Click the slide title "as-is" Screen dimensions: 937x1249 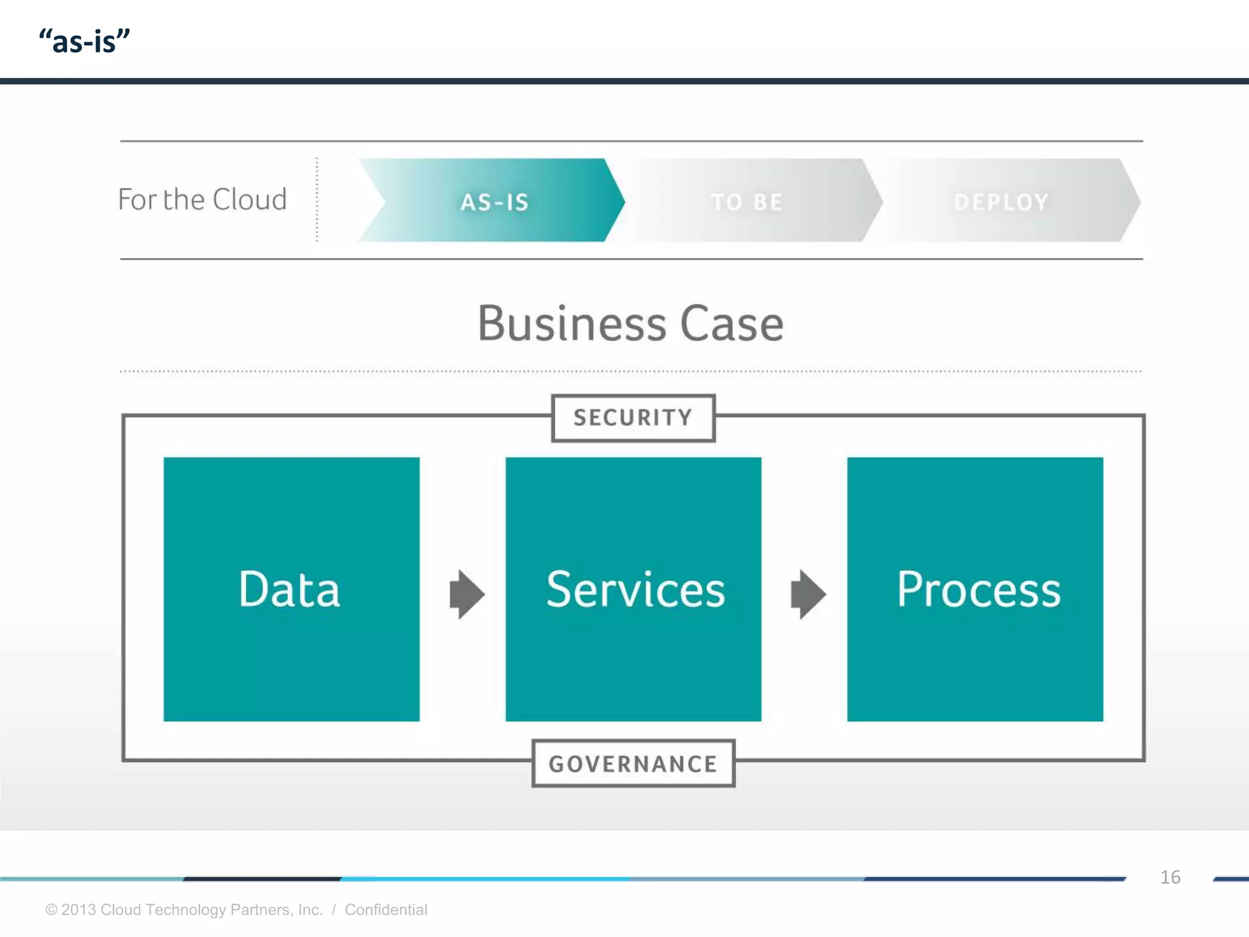click(x=84, y=41)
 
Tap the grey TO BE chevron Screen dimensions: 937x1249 click(x=748, y=201)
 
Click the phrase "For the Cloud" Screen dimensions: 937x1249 click(x=202, y=199)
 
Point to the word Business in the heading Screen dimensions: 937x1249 click(x=571, y=323)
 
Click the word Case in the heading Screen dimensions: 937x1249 click(x=731, y=323)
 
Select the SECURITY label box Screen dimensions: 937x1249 click(x=633, y=418)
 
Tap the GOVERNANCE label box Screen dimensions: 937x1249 click(x=633, y=764)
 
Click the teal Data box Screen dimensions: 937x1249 click(x=292, y=589)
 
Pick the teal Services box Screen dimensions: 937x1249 click(x=633, y=589)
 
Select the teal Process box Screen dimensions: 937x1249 click(x=975, y=589)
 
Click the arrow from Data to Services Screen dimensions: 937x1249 click(x=467, y=594)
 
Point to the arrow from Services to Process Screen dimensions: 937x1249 click(x=808, y=594)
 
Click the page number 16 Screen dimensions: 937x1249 click(x=1170, y=877)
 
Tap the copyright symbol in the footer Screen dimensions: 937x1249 click(x=51, y=910)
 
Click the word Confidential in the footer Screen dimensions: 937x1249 click(x=386, y=910)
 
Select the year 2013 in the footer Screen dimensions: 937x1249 click(x=79, y=910)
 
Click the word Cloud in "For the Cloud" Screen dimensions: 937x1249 click(x=250, y=199)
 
